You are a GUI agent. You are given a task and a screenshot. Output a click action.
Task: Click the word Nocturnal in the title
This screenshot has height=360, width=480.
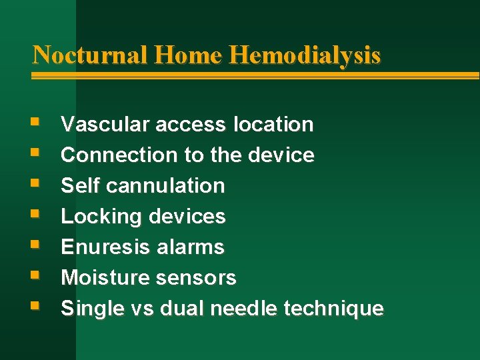point(90,54)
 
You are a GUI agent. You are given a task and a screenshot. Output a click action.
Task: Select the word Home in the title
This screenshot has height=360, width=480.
point(189,54)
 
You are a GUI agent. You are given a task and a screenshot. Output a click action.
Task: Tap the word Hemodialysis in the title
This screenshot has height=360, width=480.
point(305,55)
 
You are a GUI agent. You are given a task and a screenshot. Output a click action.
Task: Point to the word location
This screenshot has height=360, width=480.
point(273,124)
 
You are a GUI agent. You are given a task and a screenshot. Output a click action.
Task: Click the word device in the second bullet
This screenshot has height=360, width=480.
point(280,155)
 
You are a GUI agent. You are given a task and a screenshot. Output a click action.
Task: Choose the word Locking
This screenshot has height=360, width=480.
point(101,217)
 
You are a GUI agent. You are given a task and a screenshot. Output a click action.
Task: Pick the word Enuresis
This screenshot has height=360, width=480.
point(105,247)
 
